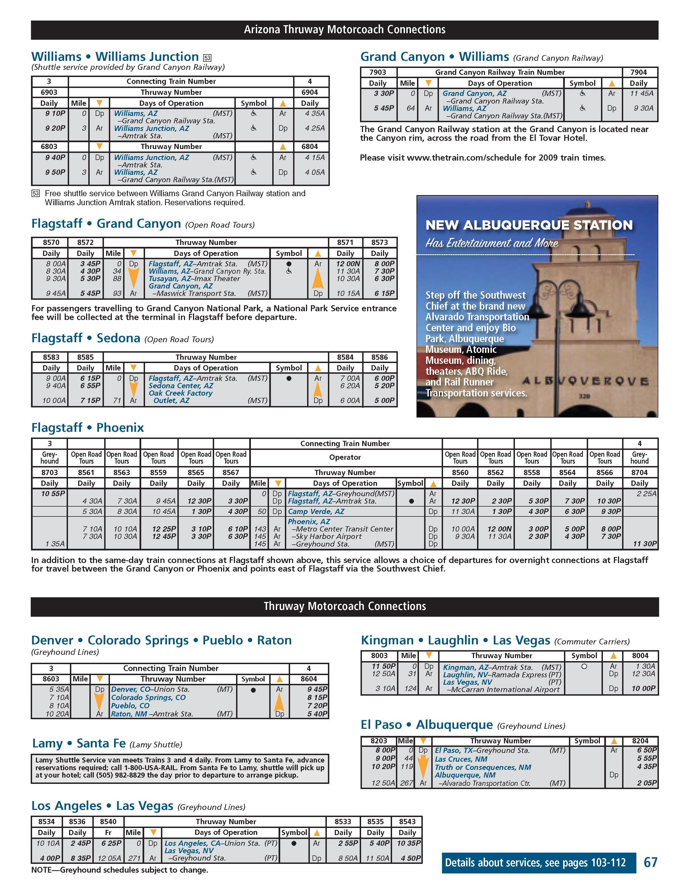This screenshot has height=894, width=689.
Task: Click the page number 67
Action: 651,862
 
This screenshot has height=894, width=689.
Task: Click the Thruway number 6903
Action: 49,92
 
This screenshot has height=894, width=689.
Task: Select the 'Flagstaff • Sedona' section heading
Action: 86,338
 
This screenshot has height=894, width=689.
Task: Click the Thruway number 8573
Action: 379,242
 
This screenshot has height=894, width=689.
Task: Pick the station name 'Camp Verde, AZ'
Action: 316,511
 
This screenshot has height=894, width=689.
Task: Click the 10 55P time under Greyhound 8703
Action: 53,494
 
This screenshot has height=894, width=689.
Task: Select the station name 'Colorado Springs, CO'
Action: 148,698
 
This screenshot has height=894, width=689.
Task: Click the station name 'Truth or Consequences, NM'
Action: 483,767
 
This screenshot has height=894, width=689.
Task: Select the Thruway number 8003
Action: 379,655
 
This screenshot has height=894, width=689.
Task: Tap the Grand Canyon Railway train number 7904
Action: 638,72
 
